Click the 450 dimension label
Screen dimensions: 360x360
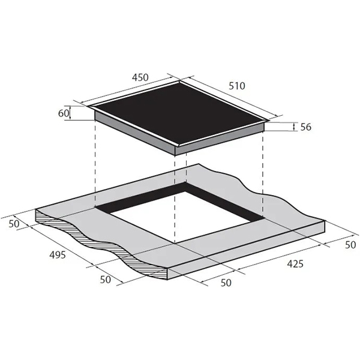[140, 77]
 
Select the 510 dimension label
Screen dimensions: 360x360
[237, 86]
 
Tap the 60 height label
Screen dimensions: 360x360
[64, 113]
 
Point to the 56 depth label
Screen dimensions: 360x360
[306, 127]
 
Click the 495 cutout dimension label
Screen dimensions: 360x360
[58, 254]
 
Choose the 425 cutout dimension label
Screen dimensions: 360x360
[295, 264]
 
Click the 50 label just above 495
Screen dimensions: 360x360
[14, 224]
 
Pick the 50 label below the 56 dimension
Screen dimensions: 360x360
[350, 245]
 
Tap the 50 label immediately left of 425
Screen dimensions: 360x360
[226, 283]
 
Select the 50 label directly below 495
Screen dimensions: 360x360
[106, 280]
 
